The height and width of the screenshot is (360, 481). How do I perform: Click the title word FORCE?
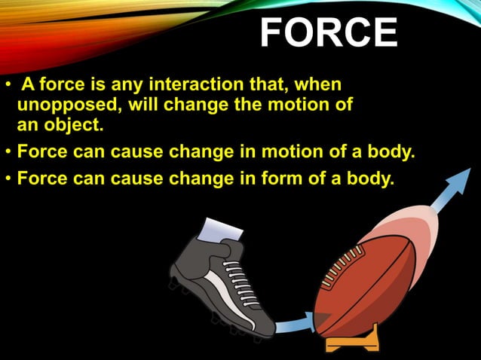(x=329, y=33)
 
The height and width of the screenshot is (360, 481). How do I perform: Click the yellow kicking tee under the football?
(x=351, y=342)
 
